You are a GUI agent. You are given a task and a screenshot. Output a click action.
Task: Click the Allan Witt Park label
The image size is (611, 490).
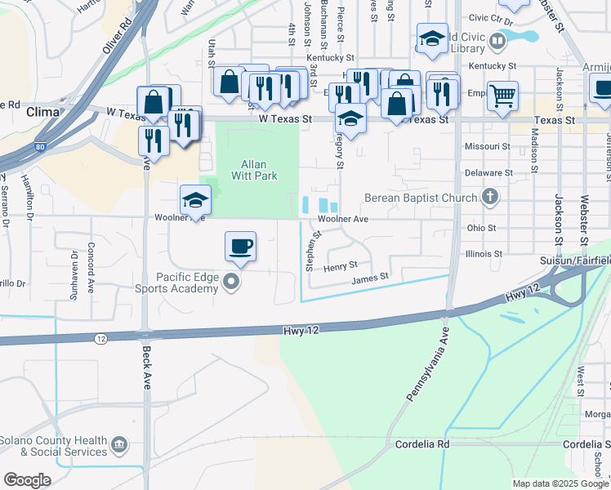(x=258, y=170)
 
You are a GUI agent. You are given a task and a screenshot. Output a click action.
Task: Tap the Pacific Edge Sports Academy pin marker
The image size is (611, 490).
(x=233, y=283)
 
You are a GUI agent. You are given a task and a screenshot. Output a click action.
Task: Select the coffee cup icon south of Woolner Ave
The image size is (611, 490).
(x=240, y=247)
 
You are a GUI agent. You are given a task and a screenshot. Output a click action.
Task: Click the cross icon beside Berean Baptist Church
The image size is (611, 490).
(x=490, y=197)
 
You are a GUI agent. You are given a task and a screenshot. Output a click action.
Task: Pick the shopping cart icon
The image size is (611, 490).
(x=502, y=95)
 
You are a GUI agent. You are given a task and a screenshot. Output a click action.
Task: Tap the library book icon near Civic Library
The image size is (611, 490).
(x=498, y=41)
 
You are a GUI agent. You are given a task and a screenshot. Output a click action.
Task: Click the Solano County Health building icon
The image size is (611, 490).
(x=120, y=445)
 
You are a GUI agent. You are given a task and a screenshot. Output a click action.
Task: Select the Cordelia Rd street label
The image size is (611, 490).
(x=422, y=444)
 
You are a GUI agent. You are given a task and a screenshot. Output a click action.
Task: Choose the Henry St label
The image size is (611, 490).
(x=341, y=266)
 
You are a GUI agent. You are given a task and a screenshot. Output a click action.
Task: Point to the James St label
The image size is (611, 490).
(x=369, y=278)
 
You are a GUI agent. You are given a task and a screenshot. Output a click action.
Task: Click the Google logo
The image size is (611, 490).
(x=28, y=480)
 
